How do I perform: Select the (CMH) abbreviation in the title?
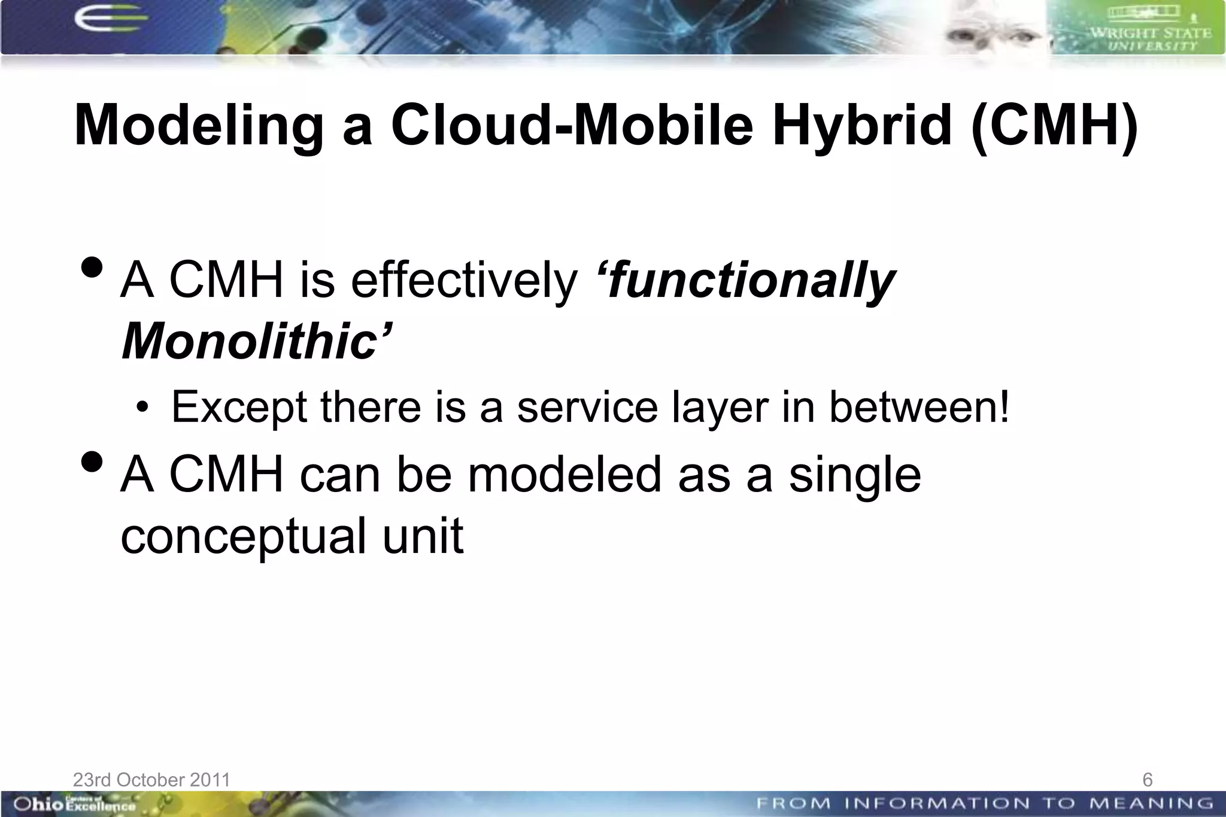point(1054,126)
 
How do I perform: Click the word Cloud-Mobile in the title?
point(572,126)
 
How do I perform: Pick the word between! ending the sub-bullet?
point(918,407)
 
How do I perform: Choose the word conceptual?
point(243,536)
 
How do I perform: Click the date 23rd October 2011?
point(151,780)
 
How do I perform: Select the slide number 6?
point(1147,780)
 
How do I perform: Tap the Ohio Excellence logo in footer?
point(75,804)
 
